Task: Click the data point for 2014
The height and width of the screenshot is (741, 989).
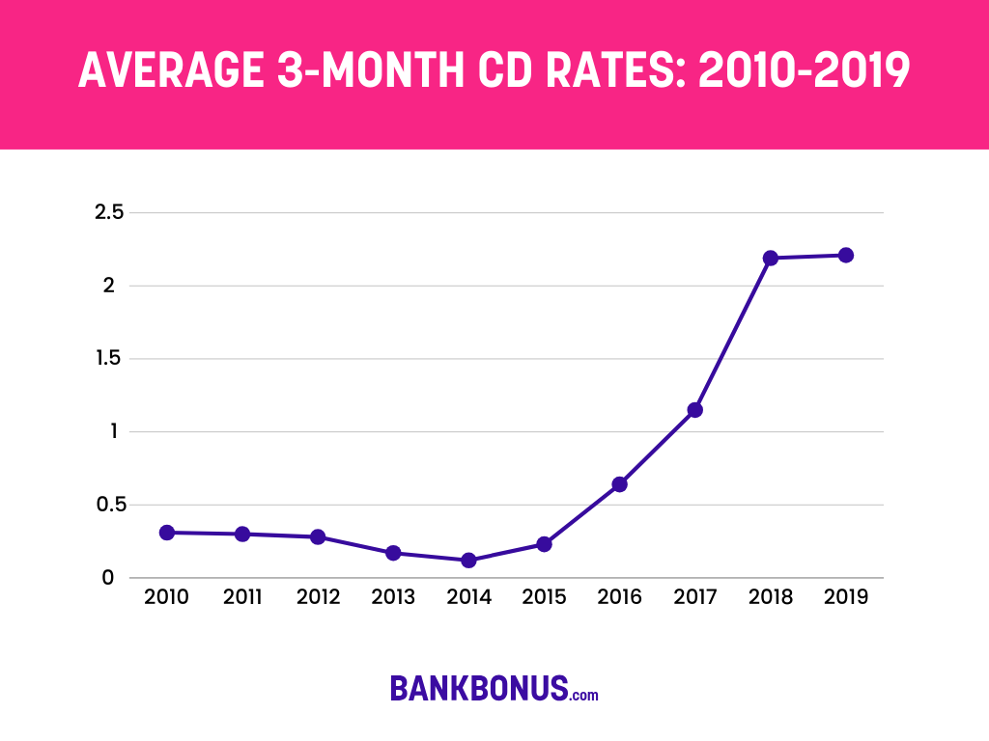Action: point(468,560)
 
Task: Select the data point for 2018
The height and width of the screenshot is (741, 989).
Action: point(770,258)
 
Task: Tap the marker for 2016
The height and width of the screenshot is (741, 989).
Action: point(619,484)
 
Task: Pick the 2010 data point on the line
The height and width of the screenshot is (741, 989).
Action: point(167,533)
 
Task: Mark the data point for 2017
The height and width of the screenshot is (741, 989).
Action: point(694,410)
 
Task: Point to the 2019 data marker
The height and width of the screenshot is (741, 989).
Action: point(845,255)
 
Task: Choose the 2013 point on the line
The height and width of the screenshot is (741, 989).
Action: point(393,553)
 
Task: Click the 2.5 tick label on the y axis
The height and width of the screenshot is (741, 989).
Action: point(109,212)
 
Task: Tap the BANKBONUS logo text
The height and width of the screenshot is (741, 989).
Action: point(478,688)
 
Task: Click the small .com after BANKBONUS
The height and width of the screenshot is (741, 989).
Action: point(584,694)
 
